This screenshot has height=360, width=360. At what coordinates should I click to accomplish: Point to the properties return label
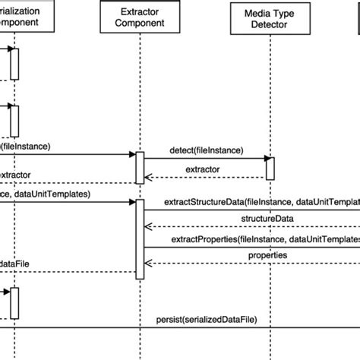pos(267,255)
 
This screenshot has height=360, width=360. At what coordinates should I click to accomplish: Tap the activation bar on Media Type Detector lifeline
pos(270,168)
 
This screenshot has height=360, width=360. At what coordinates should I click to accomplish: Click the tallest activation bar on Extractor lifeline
pos(140,240)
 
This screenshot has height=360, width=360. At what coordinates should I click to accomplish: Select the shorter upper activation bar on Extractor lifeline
pos(140,167)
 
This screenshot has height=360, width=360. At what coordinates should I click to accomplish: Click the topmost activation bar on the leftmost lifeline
pos(14,64)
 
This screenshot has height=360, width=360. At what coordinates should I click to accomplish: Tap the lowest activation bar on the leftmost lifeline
pos(14,303)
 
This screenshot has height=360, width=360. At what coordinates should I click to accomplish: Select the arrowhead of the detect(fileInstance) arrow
pos(268,159)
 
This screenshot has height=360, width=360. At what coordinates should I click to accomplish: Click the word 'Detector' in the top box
pos(270,27)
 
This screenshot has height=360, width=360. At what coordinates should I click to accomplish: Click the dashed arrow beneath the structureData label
pos(251,226)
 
